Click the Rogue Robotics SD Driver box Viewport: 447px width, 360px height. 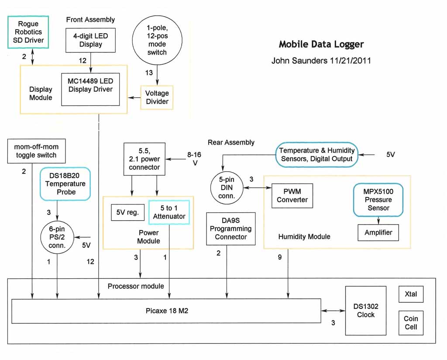pos(28,32)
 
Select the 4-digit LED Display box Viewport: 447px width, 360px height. pos(91,40)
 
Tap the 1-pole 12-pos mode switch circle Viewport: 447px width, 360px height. pos(157,40)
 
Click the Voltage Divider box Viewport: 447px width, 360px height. pos(157,97)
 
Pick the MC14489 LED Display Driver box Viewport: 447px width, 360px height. pos(90,89)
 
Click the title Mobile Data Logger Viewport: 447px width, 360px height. pos(321,44)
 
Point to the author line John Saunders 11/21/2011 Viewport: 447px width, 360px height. pos(321,61)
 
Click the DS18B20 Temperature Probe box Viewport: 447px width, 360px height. pos(65,184)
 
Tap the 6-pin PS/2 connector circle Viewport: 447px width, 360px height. pos(57,237)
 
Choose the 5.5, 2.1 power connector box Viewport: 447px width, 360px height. pos(144,159)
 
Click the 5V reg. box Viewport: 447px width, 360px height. pos(127,213)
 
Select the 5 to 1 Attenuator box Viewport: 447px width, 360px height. pos(169,212)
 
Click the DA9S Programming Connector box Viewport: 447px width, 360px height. pos(230,228)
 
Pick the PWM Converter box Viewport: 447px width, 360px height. pos(292,195)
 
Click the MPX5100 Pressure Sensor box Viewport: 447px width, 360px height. pos(378,200)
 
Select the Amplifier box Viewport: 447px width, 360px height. pos(378,232)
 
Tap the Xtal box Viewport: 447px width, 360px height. pos(411,294)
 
